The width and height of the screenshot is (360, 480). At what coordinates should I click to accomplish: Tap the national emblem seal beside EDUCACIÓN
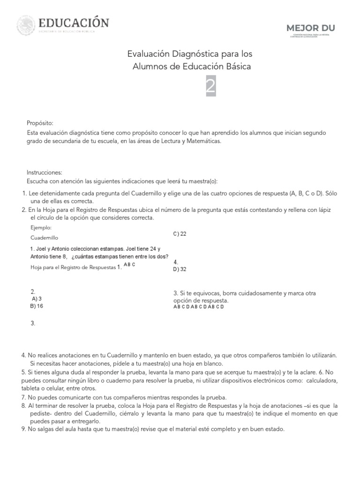point(26,25)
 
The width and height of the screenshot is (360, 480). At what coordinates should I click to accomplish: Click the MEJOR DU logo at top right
point(311,28)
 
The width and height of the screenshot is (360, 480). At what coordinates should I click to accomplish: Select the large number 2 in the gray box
point(211,87)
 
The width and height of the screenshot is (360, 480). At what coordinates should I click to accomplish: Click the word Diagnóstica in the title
point(192,54)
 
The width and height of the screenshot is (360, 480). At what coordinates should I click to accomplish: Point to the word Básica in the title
point(236,67)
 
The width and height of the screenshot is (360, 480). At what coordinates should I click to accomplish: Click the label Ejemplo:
point(41,227)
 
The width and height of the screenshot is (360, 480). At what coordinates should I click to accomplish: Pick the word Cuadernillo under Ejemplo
point(45,238)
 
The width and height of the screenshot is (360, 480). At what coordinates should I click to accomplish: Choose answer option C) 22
point(180,234)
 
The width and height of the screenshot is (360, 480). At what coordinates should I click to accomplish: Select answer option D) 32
point(180,269)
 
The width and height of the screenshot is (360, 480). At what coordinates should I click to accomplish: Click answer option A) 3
point(37,299)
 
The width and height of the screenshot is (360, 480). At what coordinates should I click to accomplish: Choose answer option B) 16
point(36,306)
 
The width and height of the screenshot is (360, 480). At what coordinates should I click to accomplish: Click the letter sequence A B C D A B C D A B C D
point(198,307)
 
